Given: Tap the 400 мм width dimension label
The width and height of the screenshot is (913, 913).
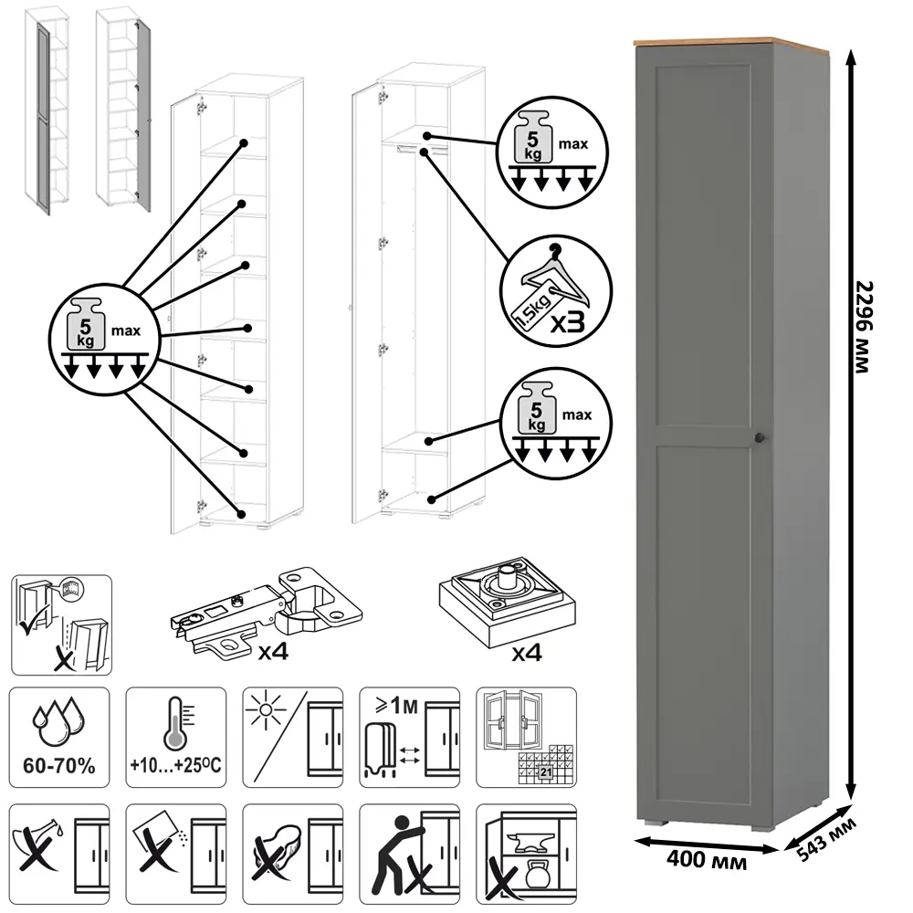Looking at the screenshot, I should (x=703, y=860).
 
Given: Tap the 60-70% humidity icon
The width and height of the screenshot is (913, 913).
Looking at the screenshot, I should (x=60, y=738).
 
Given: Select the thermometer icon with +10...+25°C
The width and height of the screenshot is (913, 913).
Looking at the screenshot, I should (x=176, y=738).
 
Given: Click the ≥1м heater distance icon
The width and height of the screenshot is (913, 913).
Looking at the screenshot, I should (x=408, y=738).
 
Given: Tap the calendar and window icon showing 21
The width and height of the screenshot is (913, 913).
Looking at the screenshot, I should (x=527, y=738).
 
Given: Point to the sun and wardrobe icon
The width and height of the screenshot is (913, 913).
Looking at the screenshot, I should (x=292, y=738).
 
